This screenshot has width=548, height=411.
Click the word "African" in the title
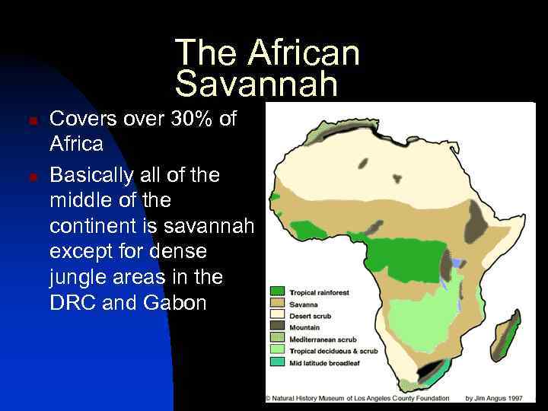(x=303, y=53)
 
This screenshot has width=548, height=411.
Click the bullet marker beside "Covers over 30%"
(x=31, y=121)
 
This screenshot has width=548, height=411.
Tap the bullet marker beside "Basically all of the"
(x=31, y=177)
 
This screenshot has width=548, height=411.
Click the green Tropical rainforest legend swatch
(x=277, y=292)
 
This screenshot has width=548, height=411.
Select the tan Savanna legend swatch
(x=277, y=304)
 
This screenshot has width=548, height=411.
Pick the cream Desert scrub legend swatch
(x=277, y=315)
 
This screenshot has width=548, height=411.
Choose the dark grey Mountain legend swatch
(x=277, y=327)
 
